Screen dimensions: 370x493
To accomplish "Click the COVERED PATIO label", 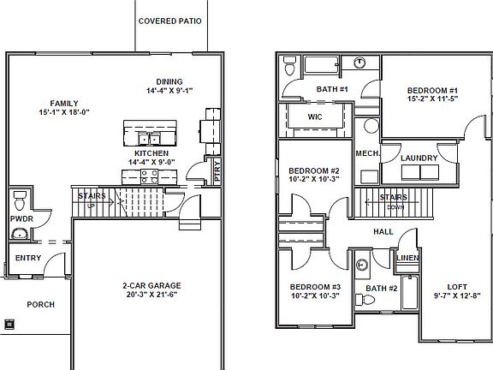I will coord(169,21).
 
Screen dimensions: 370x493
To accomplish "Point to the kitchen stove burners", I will coord(147,176).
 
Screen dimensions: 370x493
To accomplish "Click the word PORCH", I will coord(40,303).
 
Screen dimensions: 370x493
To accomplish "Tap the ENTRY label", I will coord(28,258).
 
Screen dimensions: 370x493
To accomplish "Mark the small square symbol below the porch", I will coord(9,324).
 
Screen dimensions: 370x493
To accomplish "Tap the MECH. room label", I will coord(367,154).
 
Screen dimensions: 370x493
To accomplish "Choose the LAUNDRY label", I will coord(419,158).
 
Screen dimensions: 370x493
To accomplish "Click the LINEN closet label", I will coord(407,258).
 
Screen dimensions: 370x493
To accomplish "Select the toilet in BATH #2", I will coord(362,266).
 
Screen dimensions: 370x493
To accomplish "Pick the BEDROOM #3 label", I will coord(314,286).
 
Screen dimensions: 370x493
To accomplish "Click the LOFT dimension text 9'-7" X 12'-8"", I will coord(456,296).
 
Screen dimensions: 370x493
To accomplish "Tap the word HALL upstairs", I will coord(383,232).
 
